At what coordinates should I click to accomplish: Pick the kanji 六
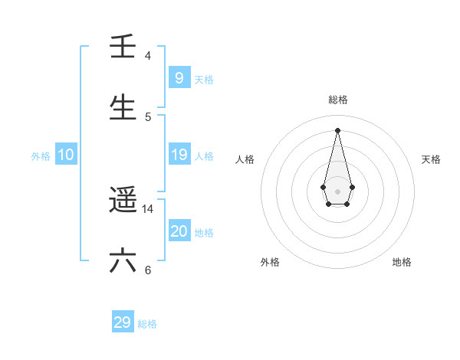(123, 260)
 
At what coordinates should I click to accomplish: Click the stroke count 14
(148, 208)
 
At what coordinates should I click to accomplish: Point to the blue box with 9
(179, 77)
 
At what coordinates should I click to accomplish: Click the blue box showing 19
(179, 155)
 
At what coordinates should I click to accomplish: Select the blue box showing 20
(179, 231)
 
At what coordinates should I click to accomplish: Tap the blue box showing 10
(66, 155)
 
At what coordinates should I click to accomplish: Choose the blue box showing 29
(123, 322)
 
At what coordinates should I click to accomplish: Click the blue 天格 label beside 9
(204, 79)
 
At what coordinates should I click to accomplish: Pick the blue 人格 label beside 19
(204, 156)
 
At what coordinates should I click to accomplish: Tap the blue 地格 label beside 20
(204, 233)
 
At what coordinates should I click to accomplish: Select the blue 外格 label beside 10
(41, 156)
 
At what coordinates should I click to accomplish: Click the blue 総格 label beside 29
(147, 324)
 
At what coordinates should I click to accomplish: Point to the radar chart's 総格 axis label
(337, 100)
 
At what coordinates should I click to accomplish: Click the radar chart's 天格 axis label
(431, 159)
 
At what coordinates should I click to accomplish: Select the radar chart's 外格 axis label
(270, 262)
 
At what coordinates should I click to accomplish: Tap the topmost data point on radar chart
(337, 129)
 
